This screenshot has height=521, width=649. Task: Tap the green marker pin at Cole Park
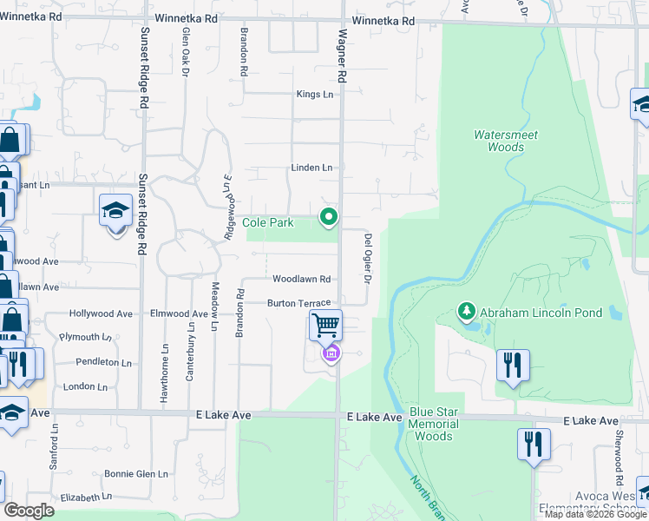[x=328, y=217]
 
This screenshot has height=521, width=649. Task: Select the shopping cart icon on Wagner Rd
[x=325, y=326]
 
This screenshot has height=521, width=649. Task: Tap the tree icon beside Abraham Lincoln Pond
[x=467, y=311]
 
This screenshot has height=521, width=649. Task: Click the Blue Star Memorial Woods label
[x=433, y=424]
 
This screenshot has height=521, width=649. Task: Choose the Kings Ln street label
[x=315, y=94]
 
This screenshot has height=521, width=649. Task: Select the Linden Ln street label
[x=311, y=167]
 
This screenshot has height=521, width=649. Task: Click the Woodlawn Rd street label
[x=302, y=279]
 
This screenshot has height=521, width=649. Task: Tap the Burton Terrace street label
[x=298, y=303]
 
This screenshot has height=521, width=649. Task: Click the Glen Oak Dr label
[x=185, y=52]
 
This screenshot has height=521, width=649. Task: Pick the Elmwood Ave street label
[x=180, y=313]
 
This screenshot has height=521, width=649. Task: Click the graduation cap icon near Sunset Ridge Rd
[x=115, y=211]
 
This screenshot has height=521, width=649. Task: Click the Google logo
[x=29, y=511]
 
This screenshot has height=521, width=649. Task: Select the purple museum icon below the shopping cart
[x=331, y=353]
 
